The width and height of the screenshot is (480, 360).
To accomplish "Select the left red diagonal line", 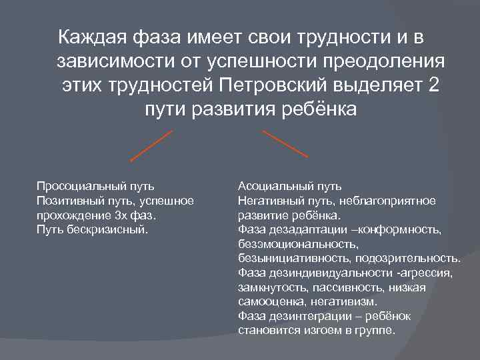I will point(151,146).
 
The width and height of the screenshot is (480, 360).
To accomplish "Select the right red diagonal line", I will point(285,143).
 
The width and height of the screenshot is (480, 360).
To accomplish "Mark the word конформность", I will point(405,229).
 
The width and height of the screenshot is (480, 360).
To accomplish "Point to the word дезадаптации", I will point(297,229).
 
